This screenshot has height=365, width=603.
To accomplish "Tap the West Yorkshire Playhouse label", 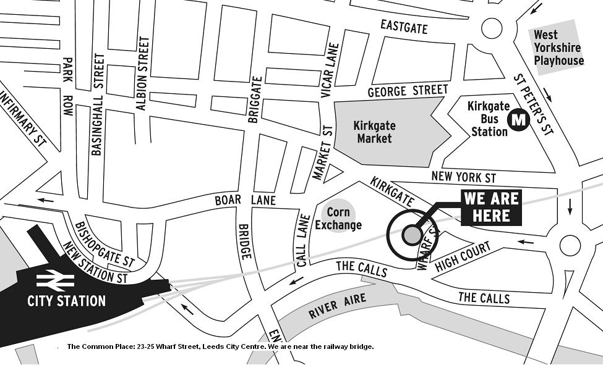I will pos(558,48).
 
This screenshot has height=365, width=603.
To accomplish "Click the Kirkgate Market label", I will pos(374,132).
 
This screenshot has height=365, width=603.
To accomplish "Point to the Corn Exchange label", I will pos(338,219).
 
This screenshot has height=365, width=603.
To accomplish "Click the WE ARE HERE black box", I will pos(491,208).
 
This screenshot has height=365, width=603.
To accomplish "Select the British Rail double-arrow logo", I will pos(56,281).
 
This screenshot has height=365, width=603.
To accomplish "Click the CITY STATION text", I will pos(66,301).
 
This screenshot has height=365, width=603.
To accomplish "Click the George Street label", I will pos(407,91).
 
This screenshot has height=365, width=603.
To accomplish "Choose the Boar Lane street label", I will pos(245,200).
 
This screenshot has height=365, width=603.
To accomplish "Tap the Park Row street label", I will pos(68,88).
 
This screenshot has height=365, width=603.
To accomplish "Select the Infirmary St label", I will pos(24,117).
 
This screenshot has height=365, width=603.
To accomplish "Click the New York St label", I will pos(463,177).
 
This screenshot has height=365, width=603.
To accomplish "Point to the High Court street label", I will pos(463,258).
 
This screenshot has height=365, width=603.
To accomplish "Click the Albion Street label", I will pos(143,73).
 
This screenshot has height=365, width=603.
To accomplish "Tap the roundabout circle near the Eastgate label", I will pos(492,27).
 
